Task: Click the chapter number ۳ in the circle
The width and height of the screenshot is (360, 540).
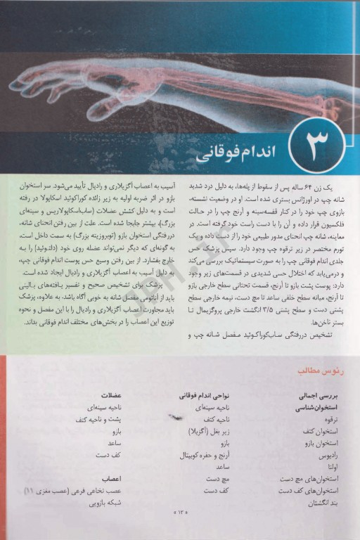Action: coord(309,143)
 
